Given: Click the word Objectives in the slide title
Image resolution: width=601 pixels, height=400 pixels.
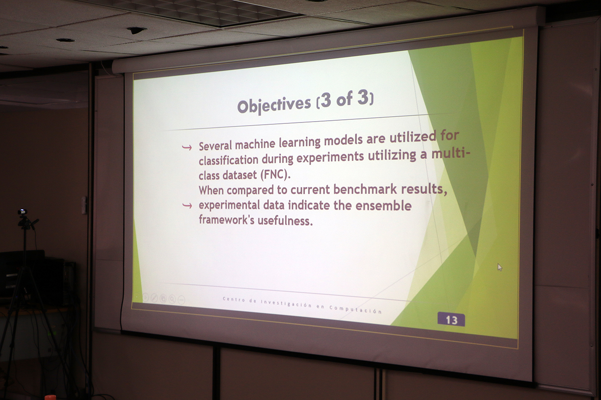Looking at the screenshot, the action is pos(274,105).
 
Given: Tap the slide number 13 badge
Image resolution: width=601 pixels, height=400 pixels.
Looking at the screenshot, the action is pos(451,319).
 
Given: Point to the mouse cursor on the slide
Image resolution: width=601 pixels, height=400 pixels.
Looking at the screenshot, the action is pos(500,267).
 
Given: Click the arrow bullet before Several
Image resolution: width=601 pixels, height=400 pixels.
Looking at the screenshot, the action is pos(187,147).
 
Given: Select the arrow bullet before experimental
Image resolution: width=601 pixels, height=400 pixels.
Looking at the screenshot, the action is pos(187,206).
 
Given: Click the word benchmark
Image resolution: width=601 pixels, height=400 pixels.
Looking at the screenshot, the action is pos(365,189).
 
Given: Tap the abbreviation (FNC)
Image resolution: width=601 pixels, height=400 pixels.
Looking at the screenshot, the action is pos(276,175).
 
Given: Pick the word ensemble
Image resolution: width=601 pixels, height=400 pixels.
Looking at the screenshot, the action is pos(383,205).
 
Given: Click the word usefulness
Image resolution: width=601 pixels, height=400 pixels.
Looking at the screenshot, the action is pos(285,220).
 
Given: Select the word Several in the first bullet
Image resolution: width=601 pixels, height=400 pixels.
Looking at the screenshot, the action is pos(215,146).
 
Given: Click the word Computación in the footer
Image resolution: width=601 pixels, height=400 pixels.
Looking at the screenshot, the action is pos(356,309).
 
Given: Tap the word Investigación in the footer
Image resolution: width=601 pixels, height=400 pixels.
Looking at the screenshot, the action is pos(286,303).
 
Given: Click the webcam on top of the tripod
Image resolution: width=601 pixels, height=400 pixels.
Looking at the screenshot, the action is pos(23,212).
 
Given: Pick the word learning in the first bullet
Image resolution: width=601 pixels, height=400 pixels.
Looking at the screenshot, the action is pos(300,142).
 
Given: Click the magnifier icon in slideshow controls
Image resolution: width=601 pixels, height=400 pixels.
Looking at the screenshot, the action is pos(172,299).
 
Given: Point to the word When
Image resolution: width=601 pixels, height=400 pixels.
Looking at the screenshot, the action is pos(211,190).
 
